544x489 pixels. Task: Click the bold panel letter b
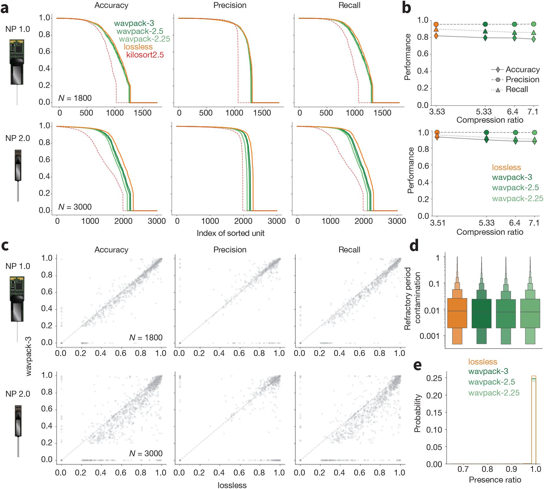tap(406, 8)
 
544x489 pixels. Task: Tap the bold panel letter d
tap(414, 245)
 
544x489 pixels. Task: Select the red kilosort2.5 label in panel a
tap(145, 55)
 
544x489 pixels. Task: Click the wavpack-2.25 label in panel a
tap(145, 39)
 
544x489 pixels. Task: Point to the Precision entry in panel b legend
tap(522, 80)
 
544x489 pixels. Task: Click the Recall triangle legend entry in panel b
tap(517, 89)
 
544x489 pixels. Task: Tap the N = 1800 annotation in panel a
tap(75, 98)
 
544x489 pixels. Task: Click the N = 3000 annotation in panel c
tap(146, 453)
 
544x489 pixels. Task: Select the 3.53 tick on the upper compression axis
tap(437, 112)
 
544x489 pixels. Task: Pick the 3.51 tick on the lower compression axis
tap(438, 223)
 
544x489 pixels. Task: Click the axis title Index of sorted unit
tap(230, 233)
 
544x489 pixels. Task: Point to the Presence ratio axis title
tap(495, 480)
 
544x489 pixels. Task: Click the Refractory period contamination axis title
tap(412, 298)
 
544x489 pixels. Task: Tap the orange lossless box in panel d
tap(457, 313)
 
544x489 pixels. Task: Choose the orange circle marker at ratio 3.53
tap(436, 24)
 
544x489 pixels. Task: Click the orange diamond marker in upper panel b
tap(436, 36)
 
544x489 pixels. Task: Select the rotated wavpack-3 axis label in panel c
tap(29, 356)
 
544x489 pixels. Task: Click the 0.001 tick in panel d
tap(429, 336)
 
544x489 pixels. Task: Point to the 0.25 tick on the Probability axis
tap(434, 378)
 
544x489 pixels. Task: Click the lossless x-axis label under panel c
tap(232, 485)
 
